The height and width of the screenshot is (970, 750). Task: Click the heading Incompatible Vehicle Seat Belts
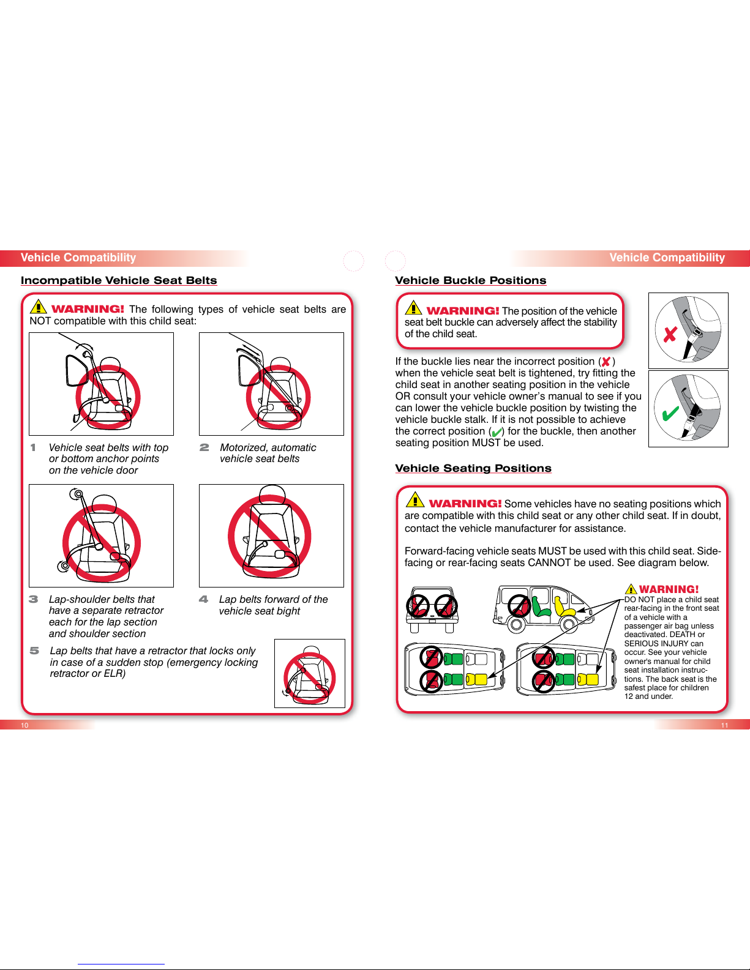point(119,280)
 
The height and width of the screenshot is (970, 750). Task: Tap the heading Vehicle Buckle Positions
point(471,280)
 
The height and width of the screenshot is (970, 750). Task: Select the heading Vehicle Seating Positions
point(473,468)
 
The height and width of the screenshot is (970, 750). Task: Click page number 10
point(24,725)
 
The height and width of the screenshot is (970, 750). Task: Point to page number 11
point(724,725)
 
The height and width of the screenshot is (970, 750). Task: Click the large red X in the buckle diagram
point(670,334)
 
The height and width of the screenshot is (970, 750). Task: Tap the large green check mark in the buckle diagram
point(670,413)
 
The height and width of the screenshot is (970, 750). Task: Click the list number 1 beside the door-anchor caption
point(33,447)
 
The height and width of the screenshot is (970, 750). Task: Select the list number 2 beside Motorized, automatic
point(204,447)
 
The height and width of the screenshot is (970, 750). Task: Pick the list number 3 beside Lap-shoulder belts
point(34,599)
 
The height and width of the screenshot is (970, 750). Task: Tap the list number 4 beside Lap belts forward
point(203,599)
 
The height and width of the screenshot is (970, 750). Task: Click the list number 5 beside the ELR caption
point(34,651)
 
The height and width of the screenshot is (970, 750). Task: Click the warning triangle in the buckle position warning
point(413,308)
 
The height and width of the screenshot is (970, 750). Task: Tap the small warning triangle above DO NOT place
point(631,589)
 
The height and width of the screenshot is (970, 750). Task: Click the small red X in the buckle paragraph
point(606,362)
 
